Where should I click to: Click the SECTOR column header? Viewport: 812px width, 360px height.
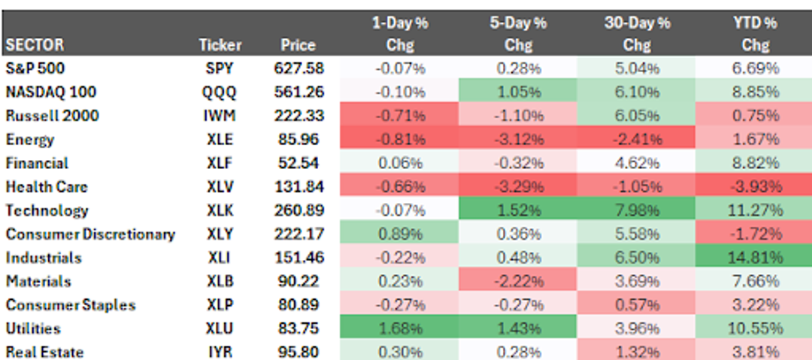pyautogui.click(x=35, y=45)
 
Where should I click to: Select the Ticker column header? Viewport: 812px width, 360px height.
pyautogui.click(x=220, y=45)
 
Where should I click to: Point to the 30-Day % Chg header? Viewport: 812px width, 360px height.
pyautogui.click(x=637, y=34)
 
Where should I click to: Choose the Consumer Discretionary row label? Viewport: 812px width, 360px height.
pyautogui.click(x=90, y=234)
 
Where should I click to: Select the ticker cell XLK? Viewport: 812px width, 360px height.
pyautogui.click(x=220, y=210)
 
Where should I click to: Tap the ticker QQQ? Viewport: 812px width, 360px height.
pyautogui.click(x=220, y=92)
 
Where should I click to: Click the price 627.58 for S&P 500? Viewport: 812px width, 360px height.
pyautogui.click(x=298, y=68)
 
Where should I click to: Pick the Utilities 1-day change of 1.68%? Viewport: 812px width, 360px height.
pyautogui.click(x=400, y=328)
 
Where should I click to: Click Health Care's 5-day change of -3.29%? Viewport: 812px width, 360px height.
pyautogui.click(x=518, y=187)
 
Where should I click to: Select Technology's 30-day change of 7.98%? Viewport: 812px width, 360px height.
pyautogui.click(x=637, y=210)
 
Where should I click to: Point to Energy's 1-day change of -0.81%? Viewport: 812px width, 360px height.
pyautogui.click(x=400, y=140)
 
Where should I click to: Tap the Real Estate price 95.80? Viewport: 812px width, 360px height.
pyautogui.click(x=298, y=352)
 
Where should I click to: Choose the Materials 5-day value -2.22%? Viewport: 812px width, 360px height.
pyautogui.click(x=518, y=281)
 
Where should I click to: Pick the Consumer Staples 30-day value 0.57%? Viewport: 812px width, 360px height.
pyautogui.click(x=637, y=305)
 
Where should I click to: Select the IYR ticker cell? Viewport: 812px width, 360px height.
pyautogui.click(x=220, y=352)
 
